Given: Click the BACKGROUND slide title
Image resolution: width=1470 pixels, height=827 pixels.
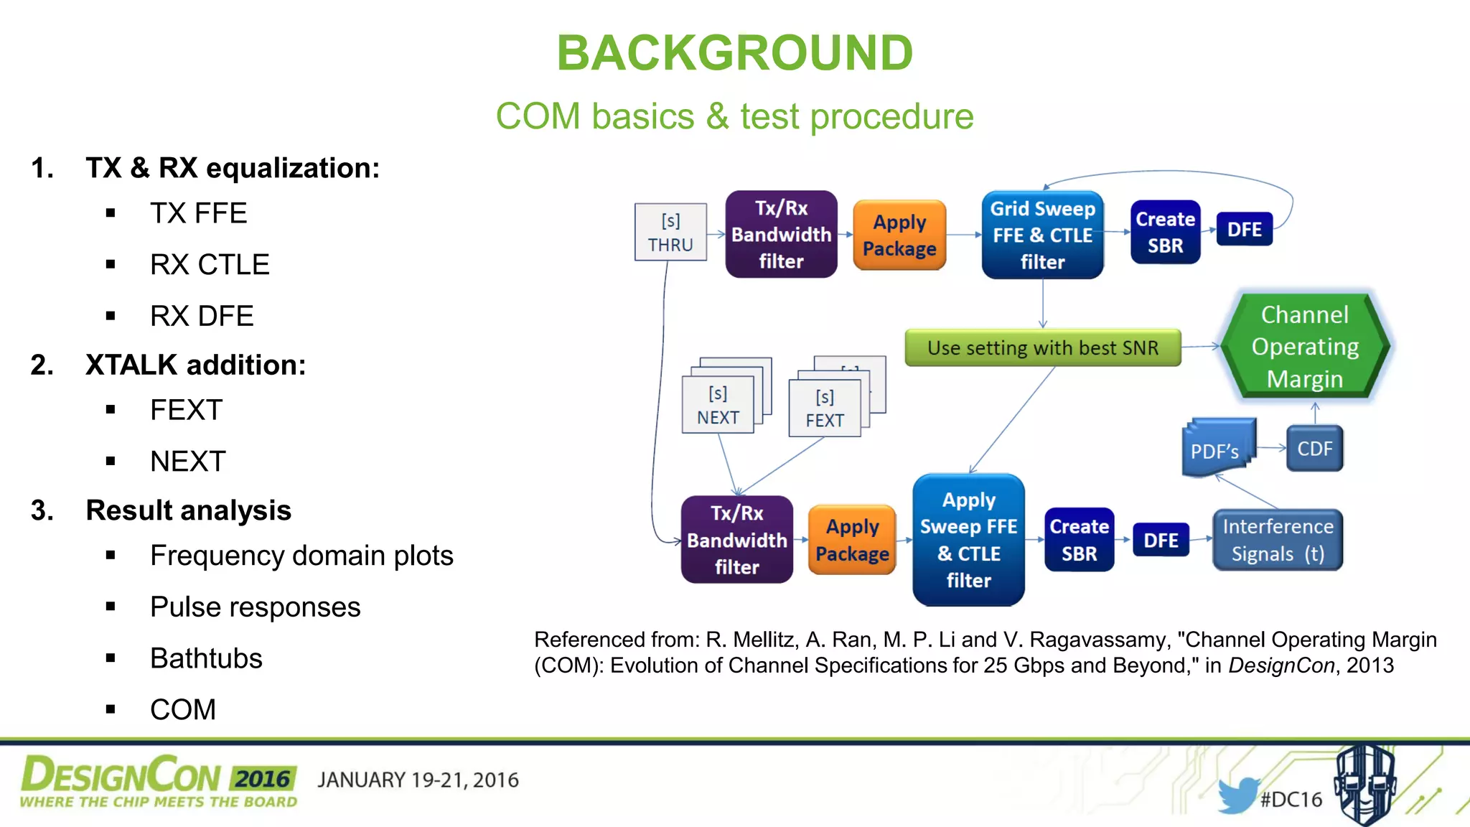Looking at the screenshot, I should click(734, 53).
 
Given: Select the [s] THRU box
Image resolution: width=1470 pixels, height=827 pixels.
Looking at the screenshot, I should click(670, 232).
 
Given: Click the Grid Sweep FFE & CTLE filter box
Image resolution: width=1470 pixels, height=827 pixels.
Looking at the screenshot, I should click(1042, 235).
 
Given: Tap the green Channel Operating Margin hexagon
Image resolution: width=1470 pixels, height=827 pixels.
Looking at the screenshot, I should click(1305, 346).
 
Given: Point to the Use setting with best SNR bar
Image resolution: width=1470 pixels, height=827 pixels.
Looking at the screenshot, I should click(1042, 348).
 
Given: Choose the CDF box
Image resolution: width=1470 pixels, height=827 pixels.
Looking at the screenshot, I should click(1314, 449).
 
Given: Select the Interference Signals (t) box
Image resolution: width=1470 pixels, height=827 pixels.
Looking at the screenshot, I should click(1278, 540).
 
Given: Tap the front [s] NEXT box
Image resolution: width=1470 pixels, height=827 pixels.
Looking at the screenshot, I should click(718, 406).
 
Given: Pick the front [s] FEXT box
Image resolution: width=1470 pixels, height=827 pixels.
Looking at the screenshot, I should click(824, 408).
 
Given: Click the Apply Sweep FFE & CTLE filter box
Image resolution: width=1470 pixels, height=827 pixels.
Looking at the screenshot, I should click(968, 540).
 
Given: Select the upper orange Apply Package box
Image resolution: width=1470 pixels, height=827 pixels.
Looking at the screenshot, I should click(899, 235).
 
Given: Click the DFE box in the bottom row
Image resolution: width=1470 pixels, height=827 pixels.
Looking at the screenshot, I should click(1161, 540).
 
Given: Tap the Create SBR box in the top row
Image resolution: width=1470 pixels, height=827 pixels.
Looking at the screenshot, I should click(1165, 232).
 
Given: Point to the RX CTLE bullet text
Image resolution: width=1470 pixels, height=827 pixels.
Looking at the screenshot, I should click(210, 265).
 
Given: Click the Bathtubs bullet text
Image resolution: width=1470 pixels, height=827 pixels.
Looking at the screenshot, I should click(206, 658).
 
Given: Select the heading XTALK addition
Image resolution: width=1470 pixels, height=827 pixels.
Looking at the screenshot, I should click(195, 365).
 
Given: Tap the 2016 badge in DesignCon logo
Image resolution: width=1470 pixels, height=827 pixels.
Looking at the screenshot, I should click(263, 779).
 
